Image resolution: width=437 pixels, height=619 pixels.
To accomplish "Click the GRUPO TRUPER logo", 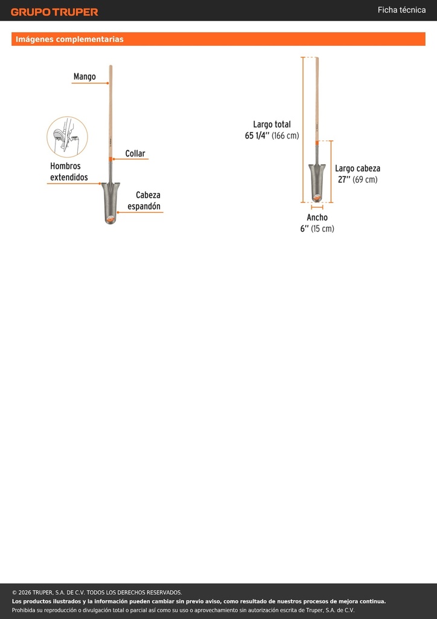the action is click(x=54, y=12).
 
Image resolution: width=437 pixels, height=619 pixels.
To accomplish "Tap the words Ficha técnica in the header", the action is click(x=401, y=10).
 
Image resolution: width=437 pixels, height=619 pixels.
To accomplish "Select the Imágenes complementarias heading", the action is click(x=69, y=39).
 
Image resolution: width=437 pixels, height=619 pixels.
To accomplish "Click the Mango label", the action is click(x=85, y=76).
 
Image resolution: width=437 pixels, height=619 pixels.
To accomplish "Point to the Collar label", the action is click(x=135, y=153).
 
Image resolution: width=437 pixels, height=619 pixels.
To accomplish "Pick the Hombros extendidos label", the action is click(x=69, y=171).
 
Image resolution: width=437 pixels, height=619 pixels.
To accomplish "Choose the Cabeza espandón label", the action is click(x=144, y=201).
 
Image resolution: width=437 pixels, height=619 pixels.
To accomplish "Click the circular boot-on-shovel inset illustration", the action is click(x=68, y=137).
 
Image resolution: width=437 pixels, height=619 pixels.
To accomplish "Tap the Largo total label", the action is click(x=272, y=125).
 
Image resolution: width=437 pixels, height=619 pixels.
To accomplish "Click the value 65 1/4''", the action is click(x=257, y=136).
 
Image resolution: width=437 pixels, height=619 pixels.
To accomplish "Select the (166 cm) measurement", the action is click(x=285, y=136).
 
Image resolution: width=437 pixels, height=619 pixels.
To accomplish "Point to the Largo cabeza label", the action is click(x=357, y=169).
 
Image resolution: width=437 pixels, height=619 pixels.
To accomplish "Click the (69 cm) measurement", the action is click(x=365, y=180).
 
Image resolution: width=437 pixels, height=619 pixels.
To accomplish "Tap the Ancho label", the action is click(x=317, y=218).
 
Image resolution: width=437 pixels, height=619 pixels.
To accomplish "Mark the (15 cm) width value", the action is click(x=322, y=228).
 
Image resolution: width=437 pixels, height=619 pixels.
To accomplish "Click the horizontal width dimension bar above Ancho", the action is click(x=317, y=207).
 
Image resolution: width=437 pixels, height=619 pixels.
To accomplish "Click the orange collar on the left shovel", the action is click(x=110, y=159).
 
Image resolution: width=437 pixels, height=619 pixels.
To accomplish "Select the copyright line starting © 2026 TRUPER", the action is click(x=97, y=592).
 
